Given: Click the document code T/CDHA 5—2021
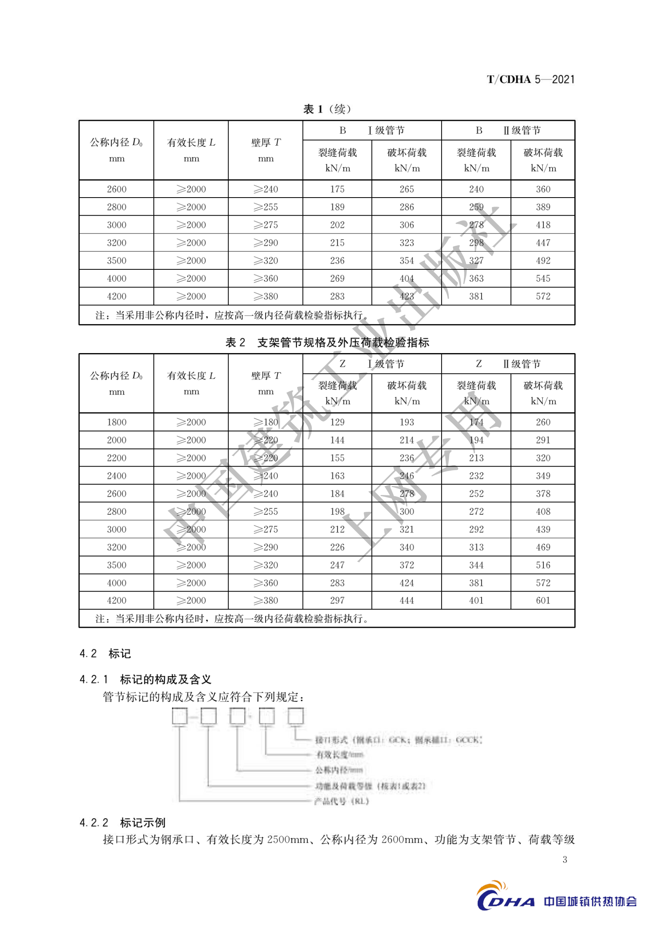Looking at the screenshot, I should (x=530, y=79).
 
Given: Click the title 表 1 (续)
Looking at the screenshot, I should (x=327, y=109).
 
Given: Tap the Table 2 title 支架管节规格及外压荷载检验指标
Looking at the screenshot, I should (x=327, y=342).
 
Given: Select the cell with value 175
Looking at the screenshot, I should (x=337, y=189).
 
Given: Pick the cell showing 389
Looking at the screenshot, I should (x=543, y=207).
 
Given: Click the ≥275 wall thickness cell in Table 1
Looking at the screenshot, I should (x=266, y=225).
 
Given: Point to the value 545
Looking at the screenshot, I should (x=543, y=278).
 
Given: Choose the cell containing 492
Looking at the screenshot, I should (x=543, y=261).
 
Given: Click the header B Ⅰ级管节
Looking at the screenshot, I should (x=372, y=131).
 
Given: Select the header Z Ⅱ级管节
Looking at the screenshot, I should (x=508, y=364).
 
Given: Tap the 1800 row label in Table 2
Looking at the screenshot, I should (x=116, y=422).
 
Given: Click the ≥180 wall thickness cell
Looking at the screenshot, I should (x=266, y=422).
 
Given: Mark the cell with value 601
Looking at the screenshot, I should (x=543, y=601).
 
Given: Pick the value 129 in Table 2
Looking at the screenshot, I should (x=337, y=422).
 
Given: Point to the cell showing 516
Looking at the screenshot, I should (x=543, y=565).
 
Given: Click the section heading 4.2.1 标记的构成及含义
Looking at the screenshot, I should (x=145, y=679).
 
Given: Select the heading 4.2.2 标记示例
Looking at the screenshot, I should (x=122, y=823).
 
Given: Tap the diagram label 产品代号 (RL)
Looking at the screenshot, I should (x=341, y=801).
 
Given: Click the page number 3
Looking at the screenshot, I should (x=565, y=860).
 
